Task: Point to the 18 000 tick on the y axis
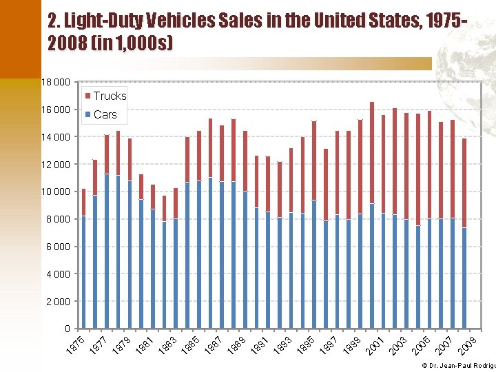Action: [x=56, y=82]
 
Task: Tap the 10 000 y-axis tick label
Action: [x=56, y=192]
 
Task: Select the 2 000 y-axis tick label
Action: [x=58, y=301]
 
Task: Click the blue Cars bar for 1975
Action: [x=83, y=272]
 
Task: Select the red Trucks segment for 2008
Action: [x=465, y=183]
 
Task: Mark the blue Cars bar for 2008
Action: [x=465, y=278]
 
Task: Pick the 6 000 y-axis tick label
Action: [x=58, y=247]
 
